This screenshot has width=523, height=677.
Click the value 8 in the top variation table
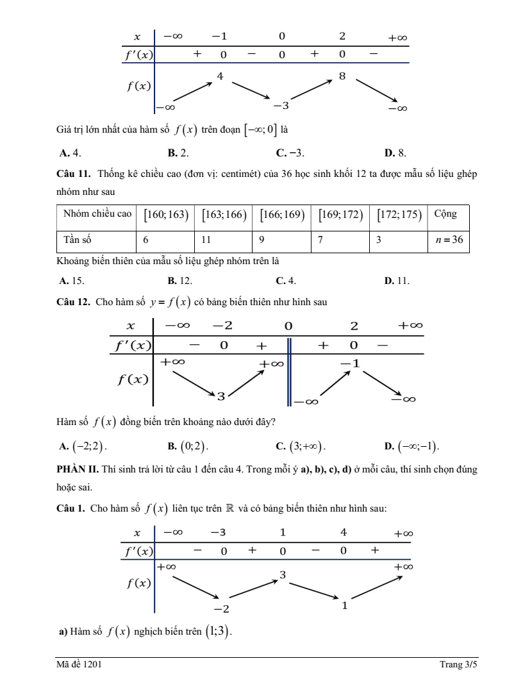342,76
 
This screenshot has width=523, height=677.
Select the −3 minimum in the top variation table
281,105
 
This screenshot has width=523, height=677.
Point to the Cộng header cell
445,214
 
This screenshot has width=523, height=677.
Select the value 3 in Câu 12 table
220,396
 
